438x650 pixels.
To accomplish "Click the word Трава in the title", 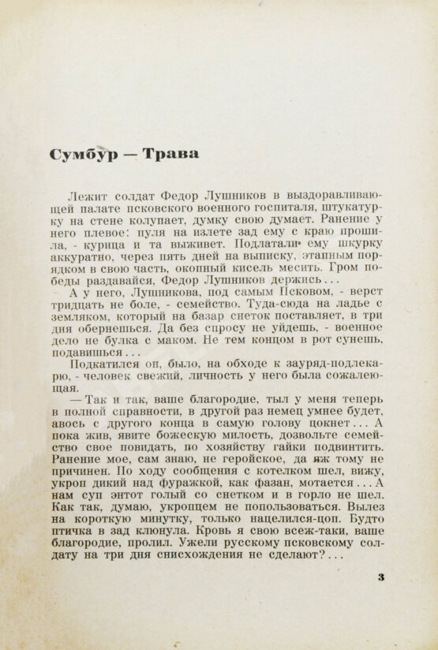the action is click(x=170, y=153).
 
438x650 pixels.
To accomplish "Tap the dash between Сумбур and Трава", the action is click(x=131, y=154).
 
